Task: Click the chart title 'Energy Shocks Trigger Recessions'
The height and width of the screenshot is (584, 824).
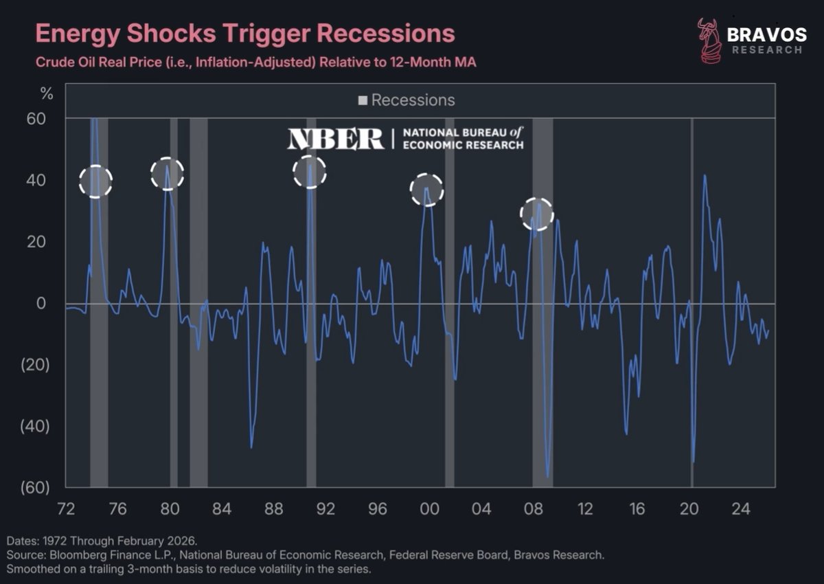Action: (244, 34)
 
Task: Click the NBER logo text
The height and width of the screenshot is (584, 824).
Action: (336, 139)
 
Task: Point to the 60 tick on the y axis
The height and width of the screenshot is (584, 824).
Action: (36, 119)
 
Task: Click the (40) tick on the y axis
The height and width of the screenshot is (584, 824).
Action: (36, 427)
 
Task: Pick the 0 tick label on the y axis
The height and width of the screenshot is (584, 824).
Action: (41, 304)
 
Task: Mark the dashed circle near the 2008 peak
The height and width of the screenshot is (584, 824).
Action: (537, 214)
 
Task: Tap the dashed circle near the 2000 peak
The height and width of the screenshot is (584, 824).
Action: (426, 190)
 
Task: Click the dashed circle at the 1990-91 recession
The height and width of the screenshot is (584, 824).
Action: (310, 172)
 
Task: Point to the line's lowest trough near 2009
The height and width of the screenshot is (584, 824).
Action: (547, 476)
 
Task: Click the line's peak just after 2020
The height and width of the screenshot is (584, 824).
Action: (705, 176)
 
